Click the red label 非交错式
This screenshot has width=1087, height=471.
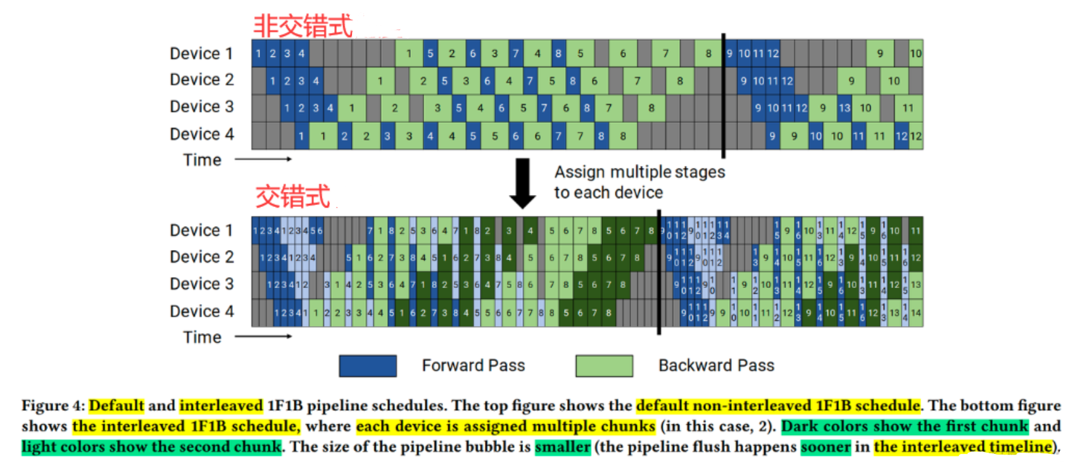click(303, 26)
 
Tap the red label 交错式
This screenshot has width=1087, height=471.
click(292, 196)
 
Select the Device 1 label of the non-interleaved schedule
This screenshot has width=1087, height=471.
click(201, 54)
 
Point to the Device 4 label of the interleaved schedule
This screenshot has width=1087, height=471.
click(201, 311)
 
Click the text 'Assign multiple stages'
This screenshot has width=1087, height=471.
click(639, 172)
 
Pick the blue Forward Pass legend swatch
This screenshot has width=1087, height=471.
click(368, 366)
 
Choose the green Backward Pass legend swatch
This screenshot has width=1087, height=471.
click(604, 366)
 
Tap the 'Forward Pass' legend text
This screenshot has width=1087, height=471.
click(473, 366)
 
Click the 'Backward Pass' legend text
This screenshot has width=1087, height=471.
click(716, 366)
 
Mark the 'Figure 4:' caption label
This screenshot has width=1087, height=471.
click(53, 406)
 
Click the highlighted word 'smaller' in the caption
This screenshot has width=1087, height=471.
click(562, 448)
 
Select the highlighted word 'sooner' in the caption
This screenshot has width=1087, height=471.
click(826, 448)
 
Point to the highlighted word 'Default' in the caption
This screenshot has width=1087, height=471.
click(116, 406)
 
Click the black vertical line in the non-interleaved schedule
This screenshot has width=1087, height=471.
click(723, 95)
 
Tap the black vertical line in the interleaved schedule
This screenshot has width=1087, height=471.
click(659, 272)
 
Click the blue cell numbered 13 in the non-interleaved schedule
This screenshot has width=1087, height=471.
click(845, 108)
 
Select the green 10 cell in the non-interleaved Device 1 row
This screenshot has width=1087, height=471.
click(915, 54)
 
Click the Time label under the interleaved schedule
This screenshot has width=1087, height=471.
click(202, 337)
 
